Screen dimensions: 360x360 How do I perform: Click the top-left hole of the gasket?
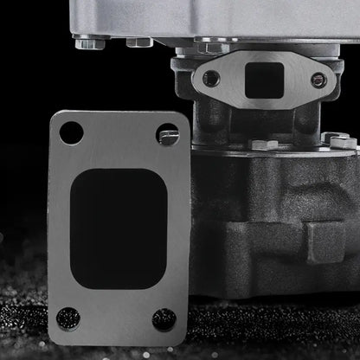[72, 133]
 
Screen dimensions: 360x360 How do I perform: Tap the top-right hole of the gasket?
[168, 134]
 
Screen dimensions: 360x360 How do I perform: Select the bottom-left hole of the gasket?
[68, 318]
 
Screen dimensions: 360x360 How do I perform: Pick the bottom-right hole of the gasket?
[164, 319]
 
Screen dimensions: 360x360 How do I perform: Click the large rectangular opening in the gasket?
[118, 227]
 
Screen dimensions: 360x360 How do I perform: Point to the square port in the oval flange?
[264, 80]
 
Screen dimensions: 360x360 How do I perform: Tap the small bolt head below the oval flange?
[264, 143]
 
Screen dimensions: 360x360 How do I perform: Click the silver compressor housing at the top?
[216, 17]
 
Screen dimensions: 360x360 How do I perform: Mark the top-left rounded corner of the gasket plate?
[55, 118]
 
